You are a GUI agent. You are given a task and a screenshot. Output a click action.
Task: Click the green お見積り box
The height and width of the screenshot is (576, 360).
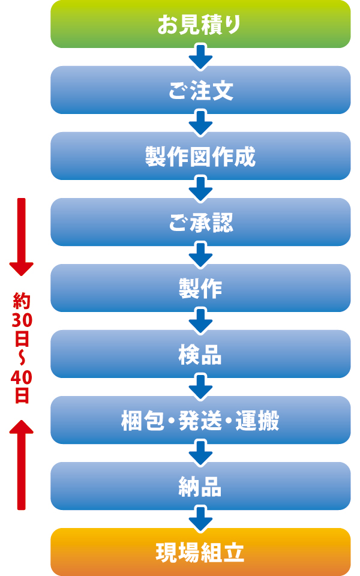click(200, 24)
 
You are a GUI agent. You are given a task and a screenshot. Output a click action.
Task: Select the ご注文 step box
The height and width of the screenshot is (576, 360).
click(200, 90)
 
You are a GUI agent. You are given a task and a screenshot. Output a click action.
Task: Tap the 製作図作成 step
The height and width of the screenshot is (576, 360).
click(200, 156)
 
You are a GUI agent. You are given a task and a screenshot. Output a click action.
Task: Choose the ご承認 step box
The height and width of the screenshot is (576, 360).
click(200, 222)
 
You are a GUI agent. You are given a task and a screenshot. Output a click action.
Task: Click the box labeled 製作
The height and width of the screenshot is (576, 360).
click(200, 288)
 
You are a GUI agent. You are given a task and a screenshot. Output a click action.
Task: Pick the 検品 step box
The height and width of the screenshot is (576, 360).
click(200, 354)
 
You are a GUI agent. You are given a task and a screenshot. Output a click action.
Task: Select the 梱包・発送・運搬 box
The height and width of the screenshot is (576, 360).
click(200, 420)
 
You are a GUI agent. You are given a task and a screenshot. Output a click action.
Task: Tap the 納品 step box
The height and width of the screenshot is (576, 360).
click(200, 486)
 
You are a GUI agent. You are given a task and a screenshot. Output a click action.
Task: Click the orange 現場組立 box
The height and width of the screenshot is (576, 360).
click(200, 552)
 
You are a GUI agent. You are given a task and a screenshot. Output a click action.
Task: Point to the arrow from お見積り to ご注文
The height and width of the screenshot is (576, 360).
click(200, 58)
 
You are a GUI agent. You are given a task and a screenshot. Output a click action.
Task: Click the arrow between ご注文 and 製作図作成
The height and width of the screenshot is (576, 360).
click(200, 124)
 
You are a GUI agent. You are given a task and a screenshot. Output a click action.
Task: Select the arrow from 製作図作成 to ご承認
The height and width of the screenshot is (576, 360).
click(200, 190)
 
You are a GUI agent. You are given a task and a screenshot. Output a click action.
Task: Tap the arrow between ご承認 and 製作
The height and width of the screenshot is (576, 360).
click(200, 256)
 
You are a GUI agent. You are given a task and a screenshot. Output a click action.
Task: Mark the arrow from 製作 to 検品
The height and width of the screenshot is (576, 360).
click(200, 322)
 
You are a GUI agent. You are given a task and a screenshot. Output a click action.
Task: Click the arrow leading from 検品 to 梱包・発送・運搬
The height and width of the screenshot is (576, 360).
click(200, 388)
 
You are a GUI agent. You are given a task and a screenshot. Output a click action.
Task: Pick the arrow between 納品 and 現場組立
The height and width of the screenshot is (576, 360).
click(200, 520)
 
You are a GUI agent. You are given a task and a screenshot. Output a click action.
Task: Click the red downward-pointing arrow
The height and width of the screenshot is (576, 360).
click(22, 237)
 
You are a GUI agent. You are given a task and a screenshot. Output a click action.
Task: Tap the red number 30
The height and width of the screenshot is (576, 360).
click(21, 321)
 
